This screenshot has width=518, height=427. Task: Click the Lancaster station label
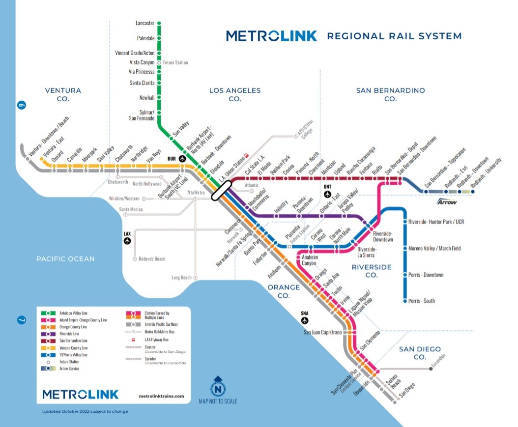(145, 23)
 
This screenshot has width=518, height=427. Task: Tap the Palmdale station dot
(159, 38)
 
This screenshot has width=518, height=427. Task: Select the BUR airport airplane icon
(183, 159)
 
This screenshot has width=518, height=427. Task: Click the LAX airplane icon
(128, 240)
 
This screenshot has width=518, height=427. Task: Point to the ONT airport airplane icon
(328, 194)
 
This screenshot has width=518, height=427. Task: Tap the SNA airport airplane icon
(305, 320)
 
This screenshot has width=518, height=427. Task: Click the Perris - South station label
(421, 301)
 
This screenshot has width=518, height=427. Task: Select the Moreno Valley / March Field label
(434, 248)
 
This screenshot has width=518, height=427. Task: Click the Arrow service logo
(447, 202)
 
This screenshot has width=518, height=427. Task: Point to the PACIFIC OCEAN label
(65, 258)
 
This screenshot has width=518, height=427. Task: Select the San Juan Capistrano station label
(323, 332)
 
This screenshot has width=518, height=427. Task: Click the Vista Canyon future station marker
(159, 62)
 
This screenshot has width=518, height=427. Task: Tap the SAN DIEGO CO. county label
(419, 353)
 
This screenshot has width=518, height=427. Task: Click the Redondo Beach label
(152, 259)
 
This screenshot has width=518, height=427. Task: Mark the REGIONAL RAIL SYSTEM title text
(394, 36)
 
